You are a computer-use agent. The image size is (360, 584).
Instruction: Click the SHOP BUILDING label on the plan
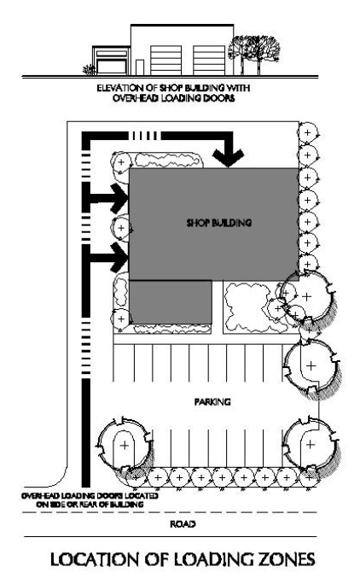(219, 223)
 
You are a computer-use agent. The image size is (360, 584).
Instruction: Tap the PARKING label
(212, 402)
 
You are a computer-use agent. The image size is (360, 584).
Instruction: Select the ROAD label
(183, 524)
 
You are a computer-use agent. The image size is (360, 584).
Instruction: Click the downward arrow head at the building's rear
(229, 158)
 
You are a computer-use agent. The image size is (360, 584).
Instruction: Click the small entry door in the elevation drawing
(140, 67)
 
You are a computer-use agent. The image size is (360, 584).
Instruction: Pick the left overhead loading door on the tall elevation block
(166, 61)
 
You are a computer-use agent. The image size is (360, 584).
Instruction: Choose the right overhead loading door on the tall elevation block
(209, 61)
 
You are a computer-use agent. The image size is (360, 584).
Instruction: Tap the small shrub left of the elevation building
(90, 70)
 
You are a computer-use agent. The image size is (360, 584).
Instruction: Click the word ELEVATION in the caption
(114, 88)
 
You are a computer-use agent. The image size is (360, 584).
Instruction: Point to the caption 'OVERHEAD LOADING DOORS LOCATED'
(90, 496)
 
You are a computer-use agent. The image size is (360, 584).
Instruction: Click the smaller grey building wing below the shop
(171, 301)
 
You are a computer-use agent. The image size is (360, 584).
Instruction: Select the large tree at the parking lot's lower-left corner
(125, 445)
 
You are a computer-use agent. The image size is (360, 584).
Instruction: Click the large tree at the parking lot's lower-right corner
(311, 444)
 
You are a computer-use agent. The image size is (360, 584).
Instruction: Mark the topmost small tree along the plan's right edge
(307, 133)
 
